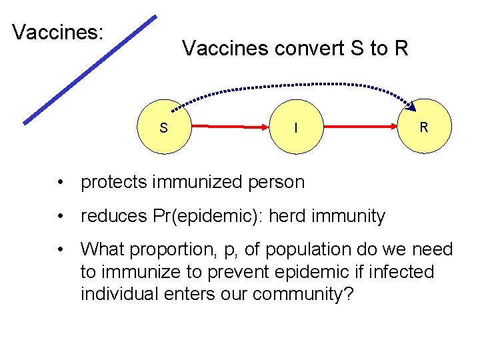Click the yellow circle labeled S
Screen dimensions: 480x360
point(163,126)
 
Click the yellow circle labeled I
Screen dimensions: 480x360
point(296,126)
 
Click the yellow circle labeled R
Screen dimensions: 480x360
point(424,126)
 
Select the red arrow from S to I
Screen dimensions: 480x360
point(229,125)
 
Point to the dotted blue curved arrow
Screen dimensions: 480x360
point(293,85)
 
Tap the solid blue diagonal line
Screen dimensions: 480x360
point(90,69)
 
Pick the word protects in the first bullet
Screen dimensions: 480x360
point(114,182)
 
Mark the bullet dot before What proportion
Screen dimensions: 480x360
point(61,250)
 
